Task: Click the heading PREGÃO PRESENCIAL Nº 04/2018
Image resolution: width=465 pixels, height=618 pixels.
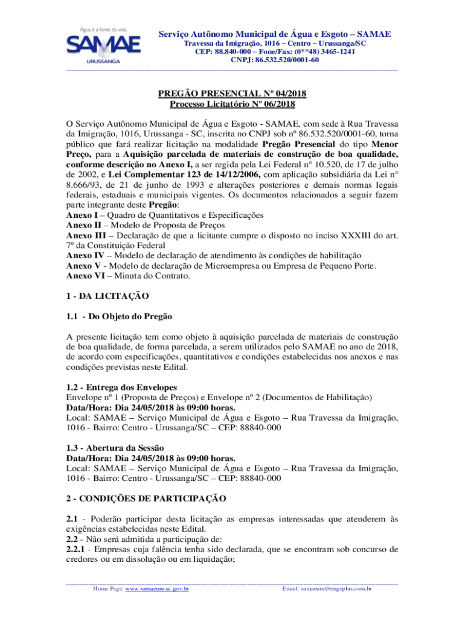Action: pos(232,94)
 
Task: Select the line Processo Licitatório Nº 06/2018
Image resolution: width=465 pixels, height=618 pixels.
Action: pos(232,104)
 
